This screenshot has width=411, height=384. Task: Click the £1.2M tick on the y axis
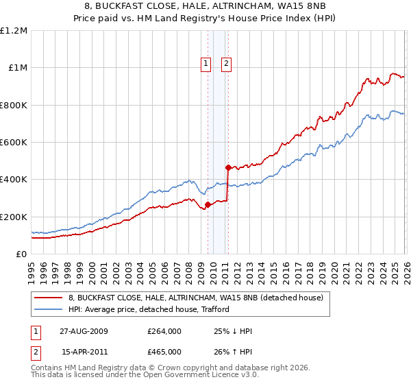click(x=13, y=31)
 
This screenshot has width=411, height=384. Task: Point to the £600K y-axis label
click(x=13, y=143)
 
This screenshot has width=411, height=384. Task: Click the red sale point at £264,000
click(x=208, y=204)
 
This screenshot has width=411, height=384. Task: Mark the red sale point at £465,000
click(x=227, y=167)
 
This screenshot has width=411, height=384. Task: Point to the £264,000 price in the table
click(x=164, y=331)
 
